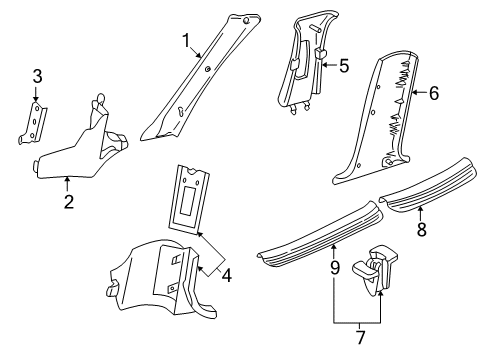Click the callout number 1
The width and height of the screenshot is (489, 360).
186,41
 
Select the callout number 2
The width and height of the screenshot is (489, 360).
69,201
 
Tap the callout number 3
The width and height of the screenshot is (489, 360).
37,76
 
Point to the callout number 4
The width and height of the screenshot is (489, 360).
227,275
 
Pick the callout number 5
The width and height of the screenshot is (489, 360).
344,65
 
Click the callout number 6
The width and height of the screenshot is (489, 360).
434,93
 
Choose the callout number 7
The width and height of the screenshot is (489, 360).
361,337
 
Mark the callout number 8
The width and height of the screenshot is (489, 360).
422,229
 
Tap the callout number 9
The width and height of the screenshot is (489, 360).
335,267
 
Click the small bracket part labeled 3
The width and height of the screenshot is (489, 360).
33,123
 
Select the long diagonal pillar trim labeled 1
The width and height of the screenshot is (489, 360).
200,78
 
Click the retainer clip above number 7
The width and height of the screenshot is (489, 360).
375,269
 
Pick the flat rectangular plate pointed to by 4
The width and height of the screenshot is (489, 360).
189,198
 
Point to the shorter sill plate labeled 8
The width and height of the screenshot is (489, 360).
428,185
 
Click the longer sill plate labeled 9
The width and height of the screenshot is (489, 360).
320,233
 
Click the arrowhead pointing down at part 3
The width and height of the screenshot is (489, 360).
35,99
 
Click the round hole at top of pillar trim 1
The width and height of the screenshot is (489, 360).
246,20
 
